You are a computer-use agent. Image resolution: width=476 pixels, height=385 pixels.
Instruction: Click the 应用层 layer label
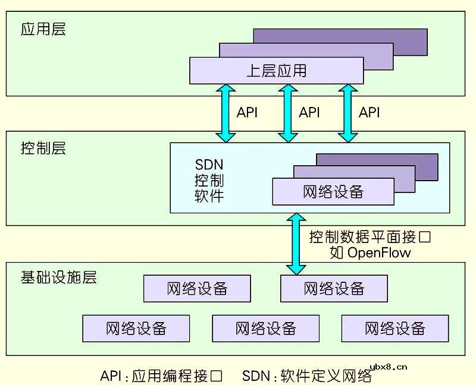[43, 30]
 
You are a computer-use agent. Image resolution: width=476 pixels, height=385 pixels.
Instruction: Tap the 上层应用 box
[276, 71]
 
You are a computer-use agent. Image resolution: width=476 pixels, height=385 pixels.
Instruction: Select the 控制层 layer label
[43, 148]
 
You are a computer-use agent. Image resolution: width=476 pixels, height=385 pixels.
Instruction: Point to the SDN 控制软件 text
[209, 179]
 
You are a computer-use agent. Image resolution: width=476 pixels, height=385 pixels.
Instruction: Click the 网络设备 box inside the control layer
[333, 192]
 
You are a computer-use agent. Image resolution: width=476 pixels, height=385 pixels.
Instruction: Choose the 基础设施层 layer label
[58, 277]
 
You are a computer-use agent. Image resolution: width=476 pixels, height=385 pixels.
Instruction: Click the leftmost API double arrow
[227, 113]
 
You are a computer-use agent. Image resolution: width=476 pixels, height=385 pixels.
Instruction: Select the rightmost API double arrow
[347, 113]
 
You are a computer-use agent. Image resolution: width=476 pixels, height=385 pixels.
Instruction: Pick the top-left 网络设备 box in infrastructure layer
[197, 289]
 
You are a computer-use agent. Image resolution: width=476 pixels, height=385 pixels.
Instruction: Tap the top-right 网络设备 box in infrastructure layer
[334, 289]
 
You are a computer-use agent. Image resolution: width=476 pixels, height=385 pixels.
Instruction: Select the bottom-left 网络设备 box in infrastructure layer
[136, 328]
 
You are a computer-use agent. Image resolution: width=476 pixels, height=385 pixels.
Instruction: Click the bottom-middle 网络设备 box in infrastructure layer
[265, 328]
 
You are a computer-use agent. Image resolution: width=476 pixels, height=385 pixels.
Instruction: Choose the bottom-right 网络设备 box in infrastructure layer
[395, 328]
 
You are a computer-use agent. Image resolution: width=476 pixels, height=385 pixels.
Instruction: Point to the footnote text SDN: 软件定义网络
[307, 376]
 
